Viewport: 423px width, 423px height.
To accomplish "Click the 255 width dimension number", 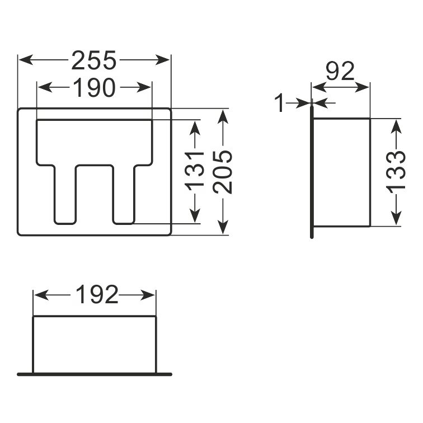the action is [94, 60].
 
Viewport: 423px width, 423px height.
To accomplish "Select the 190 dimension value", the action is [94, 88].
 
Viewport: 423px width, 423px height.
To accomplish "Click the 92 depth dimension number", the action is [340, 71].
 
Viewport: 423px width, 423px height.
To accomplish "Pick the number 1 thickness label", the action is [280, 103].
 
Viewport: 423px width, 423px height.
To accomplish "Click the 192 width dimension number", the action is [97, 294].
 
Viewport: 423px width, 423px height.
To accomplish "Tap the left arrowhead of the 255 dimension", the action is [26, 60].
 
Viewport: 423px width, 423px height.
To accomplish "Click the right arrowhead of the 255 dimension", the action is [162, 60].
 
